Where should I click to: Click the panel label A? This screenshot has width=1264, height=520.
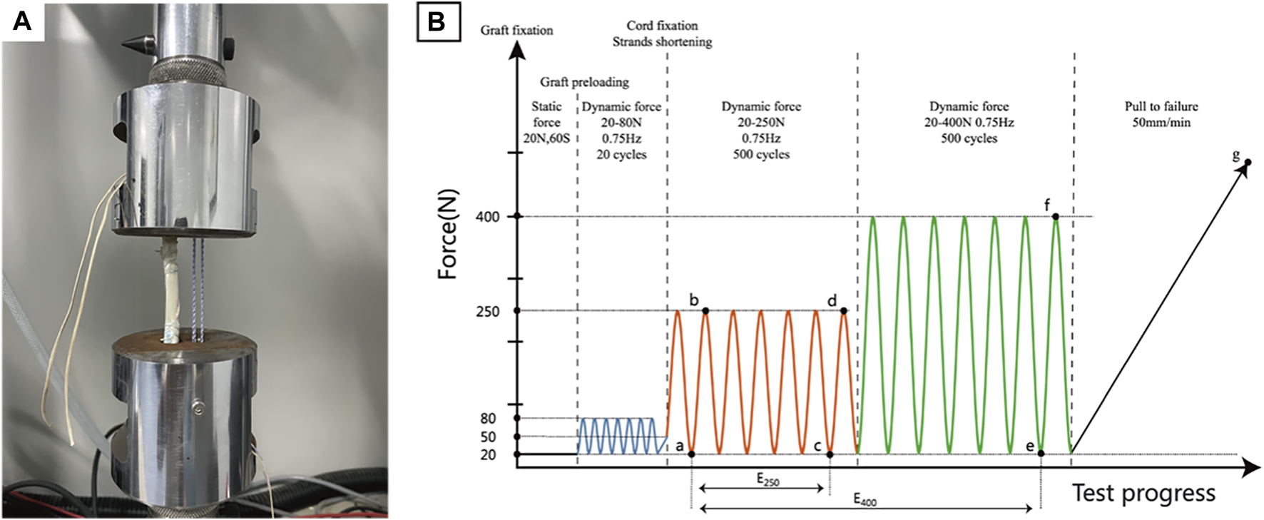22,21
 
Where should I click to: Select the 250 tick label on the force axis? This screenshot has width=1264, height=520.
487,312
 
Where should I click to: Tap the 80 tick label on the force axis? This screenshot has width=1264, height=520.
488,419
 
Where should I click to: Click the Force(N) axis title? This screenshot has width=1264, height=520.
448,234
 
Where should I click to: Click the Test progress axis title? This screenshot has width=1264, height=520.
1143,493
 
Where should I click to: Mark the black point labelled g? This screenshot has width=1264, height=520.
1248,163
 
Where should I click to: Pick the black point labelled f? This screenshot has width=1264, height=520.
1055,216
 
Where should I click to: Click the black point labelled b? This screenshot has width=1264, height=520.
705,310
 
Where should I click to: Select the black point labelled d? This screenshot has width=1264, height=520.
844,310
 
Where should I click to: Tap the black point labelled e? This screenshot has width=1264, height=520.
1041,454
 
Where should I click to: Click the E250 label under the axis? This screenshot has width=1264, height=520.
768,481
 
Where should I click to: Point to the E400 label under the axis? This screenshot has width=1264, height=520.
865,500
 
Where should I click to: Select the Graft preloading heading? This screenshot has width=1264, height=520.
584,82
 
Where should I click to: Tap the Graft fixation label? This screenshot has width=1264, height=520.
516,30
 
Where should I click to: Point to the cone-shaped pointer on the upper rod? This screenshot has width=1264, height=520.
133,41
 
